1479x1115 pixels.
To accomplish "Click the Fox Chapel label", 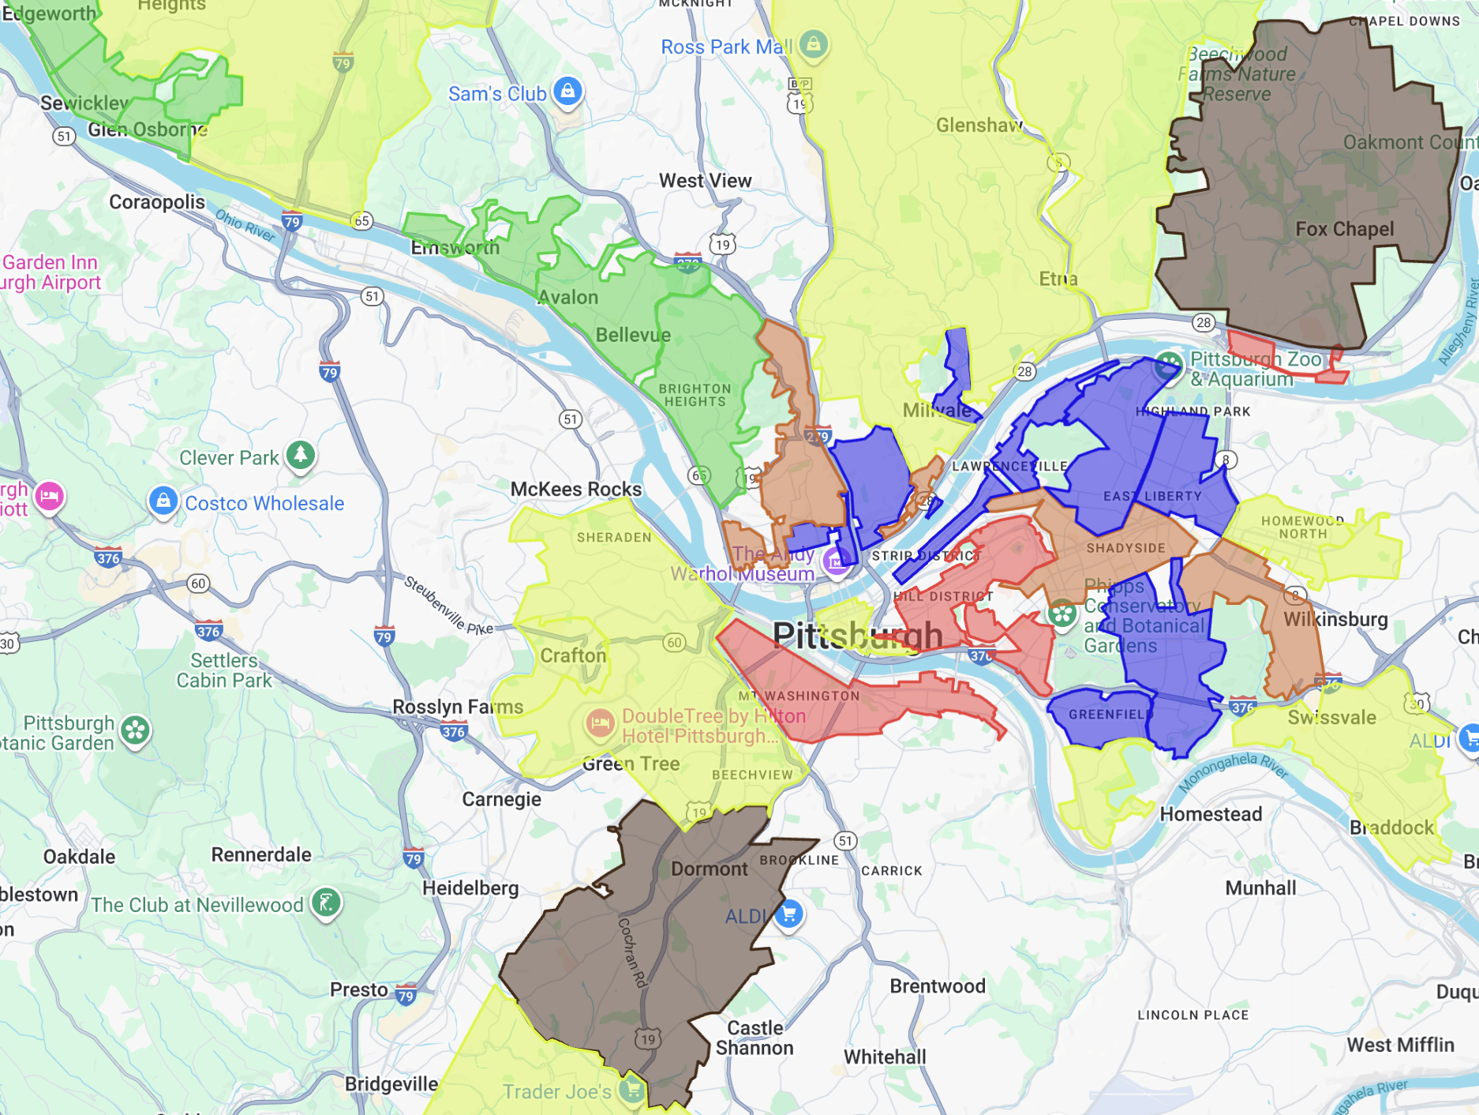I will click(1344, 229).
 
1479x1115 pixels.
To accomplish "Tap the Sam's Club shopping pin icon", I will click(567, 91).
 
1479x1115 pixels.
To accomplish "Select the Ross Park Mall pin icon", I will click(813, 43).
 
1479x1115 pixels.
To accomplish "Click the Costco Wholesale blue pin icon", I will click(163, 500).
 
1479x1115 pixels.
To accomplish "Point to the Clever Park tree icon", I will click(301, 454).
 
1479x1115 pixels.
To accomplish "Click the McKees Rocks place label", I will click(575, 490).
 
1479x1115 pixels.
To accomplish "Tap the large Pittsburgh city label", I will click(857, 635).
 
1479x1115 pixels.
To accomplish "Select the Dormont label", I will click(709, 869).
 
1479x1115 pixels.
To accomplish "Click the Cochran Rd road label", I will click(633, 952).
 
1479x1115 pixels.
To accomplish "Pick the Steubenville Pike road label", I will click(448, 606).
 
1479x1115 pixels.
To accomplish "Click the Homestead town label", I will click(1211, 814).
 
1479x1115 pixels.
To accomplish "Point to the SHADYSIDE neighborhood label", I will click(1125, 548).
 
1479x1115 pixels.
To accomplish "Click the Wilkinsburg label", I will click(1335, 619).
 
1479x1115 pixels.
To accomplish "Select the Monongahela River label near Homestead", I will click(1233, 771).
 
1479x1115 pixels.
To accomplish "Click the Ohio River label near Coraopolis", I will click(245, 225).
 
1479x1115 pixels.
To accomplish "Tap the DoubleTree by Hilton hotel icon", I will click(600, 722).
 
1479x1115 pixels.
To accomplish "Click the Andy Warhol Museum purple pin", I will click(836, 561).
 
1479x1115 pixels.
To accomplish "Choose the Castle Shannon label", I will click(754, 1038).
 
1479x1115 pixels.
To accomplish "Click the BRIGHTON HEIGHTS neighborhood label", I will click(695, 395).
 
